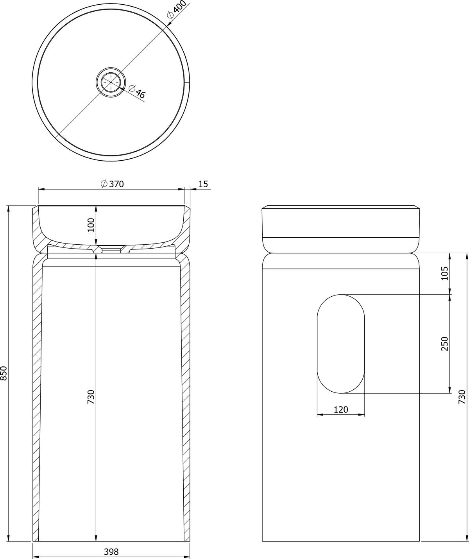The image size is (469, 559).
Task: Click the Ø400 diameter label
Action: coord(176,10)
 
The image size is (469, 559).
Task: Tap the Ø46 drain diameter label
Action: coord(137,91)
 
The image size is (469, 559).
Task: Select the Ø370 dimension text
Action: coord(112,184)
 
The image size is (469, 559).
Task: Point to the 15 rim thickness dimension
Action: coord(203,184)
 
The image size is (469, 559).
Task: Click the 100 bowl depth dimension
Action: coord(91,225)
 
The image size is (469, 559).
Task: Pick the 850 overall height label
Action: coord(4,373)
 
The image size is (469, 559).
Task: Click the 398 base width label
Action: coord(111,552)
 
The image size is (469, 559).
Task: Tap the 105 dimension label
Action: coord(444,273)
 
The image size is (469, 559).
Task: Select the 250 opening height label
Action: coord(444,344)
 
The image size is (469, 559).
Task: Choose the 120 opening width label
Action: coord(341,409)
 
